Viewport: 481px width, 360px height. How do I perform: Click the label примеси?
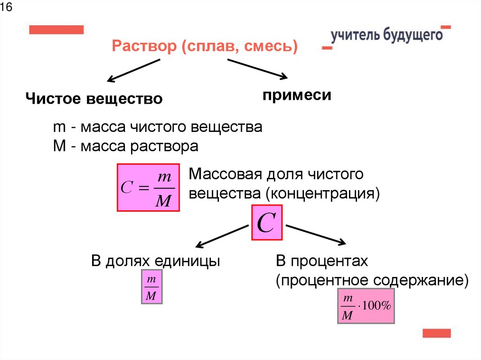click(x=297, y=95)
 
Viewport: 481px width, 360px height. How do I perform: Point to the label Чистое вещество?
click(x=94, y=99)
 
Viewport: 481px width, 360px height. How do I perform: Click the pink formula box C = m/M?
click(x=148, y=187)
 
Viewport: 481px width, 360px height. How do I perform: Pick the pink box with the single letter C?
click(x=267, y=223)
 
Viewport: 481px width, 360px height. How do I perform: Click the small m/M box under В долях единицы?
click(x=152, y=287)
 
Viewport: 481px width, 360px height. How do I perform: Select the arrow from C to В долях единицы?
click(x=222, y=236)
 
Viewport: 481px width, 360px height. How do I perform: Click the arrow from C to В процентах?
click(x=316, y=234)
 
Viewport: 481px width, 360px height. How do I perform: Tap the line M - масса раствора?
click(x=125, y=146)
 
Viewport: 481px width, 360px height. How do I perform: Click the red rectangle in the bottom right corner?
click(x=436, y=333)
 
